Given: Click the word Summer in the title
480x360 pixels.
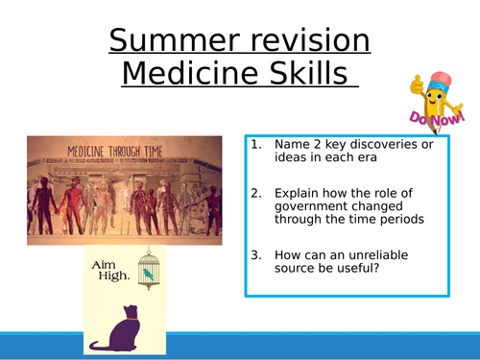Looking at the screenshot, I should click(170, 40).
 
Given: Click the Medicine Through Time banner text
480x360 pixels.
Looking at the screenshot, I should click(118, 151).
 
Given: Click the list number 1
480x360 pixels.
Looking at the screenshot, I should click(255, 145).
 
